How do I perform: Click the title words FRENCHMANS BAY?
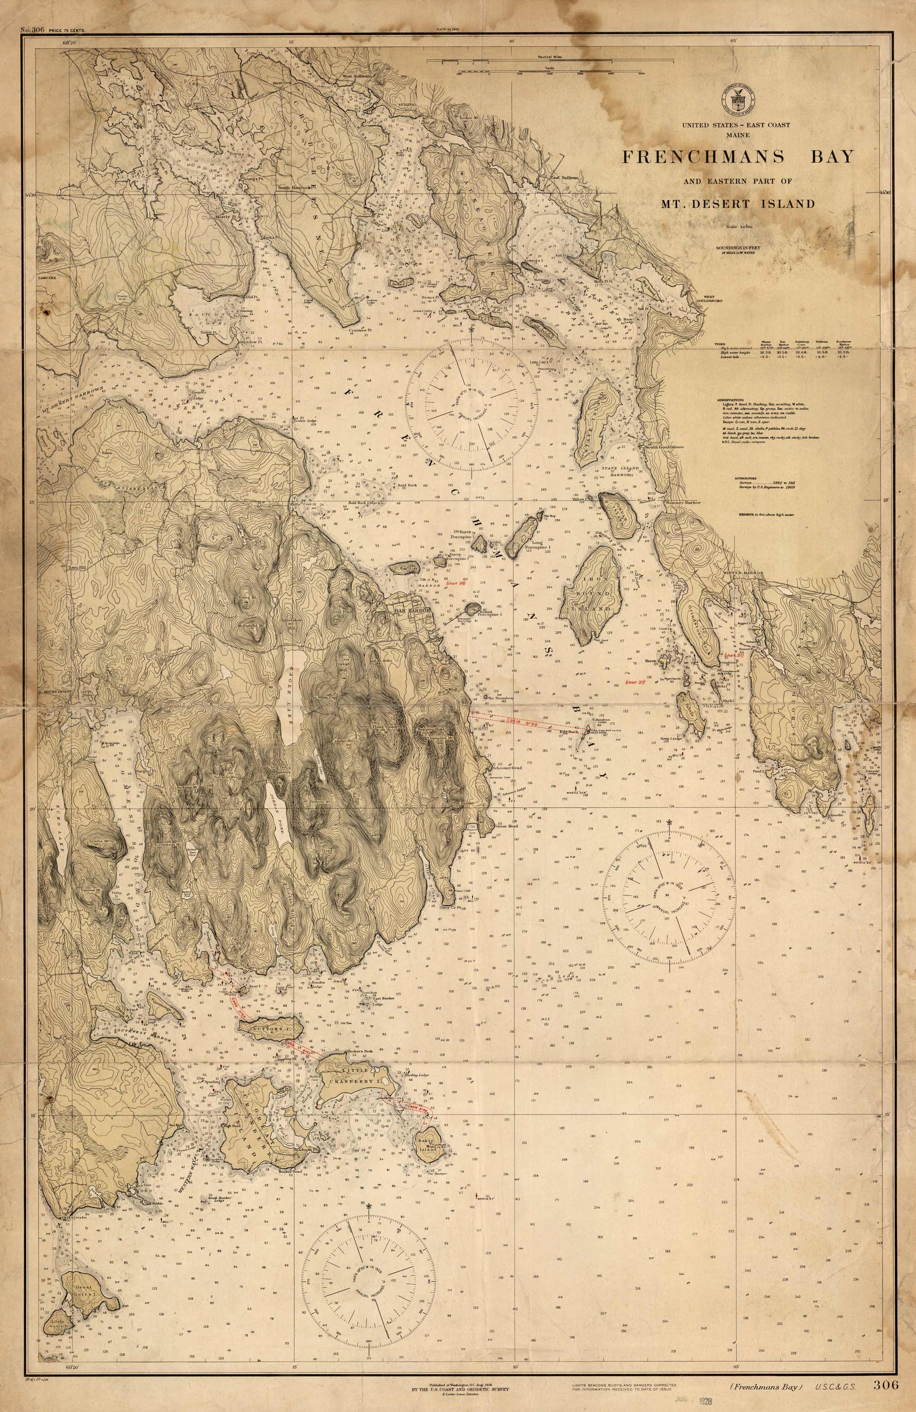[x=737, y=157]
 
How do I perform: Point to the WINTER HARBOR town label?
[x=742, y=572]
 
